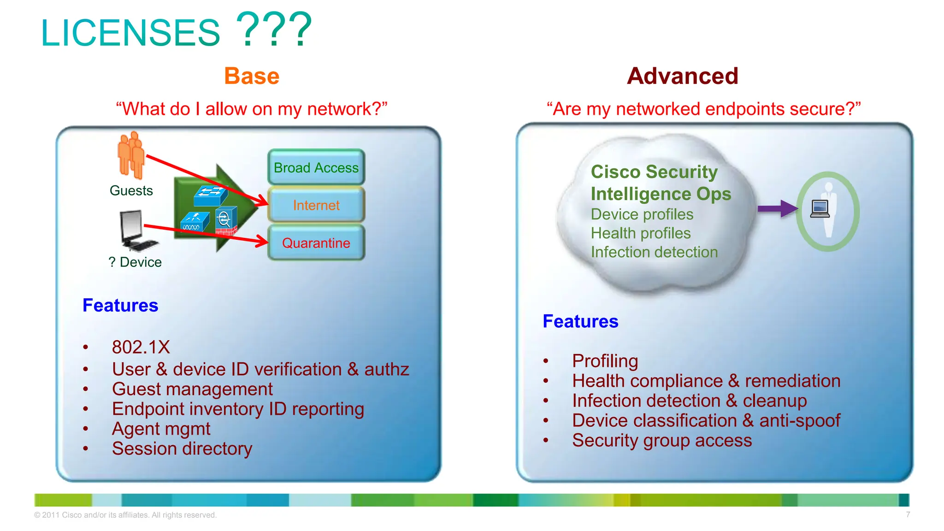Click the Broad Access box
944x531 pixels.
(x=316, y=167)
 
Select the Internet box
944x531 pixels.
(x=316, y=205)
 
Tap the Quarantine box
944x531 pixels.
(x=316, y=243)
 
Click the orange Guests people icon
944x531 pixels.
(x=131, y=155)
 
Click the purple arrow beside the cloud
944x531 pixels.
(x=778, y=208)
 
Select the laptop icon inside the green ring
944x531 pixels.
(x=820, y=209)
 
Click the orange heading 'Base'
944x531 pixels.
(x=252, y=76)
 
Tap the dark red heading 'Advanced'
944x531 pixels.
(x=683, y=76)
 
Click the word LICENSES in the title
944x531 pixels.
(x=131, y=33)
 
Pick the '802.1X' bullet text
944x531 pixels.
(x=141, y=347)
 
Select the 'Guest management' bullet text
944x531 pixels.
(x=192, y=389)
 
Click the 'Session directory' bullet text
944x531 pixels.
(x=182, y=448)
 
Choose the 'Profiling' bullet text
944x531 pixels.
(x=605, y=361)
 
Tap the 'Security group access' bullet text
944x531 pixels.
(x=662, y=440)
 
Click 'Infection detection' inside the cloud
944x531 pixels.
(x=654, y=252)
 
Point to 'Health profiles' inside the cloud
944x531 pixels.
(x=641, y=233)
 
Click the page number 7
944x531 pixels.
(x=908, y=514)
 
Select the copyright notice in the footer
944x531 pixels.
(x=125, y=515)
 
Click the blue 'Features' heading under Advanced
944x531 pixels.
(x=580, y=321)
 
